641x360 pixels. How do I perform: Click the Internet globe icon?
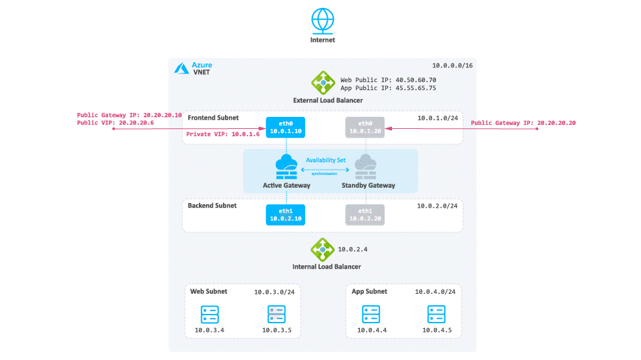point(323,21)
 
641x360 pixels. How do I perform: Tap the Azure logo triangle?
point(182,68)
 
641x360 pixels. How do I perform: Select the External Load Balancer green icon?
point(323,83)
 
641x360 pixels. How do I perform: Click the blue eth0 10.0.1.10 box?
point(285,127)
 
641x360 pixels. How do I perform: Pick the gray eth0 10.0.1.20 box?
point(365,127)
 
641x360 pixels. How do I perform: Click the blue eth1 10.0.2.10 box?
point(285,215)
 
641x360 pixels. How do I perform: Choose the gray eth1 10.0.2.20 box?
point(365,215)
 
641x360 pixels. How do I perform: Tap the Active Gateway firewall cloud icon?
point(286,167)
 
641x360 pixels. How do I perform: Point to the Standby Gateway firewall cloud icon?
point(365,167)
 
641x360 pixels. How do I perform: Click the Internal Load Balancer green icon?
point(322,250)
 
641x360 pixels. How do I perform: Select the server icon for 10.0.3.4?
point(210,315)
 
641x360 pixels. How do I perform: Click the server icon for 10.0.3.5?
point(276,315)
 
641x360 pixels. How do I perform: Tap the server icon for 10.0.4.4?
point(371,315)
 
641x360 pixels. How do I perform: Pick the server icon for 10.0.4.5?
point(436,315)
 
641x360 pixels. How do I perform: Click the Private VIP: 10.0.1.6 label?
point(223,134)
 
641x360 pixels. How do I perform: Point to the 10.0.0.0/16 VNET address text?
point(452,65)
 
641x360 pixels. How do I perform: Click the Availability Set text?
point(326,160)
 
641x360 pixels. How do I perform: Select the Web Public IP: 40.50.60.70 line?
point(389,80)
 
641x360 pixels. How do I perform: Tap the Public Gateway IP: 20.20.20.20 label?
point(523,123)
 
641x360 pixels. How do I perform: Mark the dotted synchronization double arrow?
point(325,170)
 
